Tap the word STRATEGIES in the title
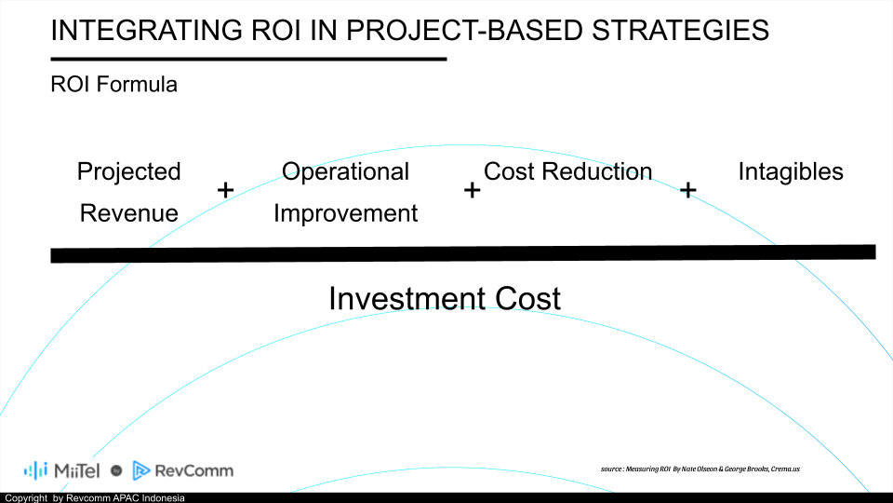tap(680, 30)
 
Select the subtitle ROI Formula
tap(113, 85)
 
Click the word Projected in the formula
tap(128, 172)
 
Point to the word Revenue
tap(128, 213)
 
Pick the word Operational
tap(345, 172)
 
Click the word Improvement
tap(345, 214)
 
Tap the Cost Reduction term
tap(567, 171)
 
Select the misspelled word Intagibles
tap(791, 172)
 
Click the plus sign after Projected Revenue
tap(225, 190)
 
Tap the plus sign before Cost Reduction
tap(473, 190)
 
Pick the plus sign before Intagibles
tap(688, 190)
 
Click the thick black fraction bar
tap(463, 253)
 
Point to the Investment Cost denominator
tap(445, 298)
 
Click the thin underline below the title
tap(248, 59)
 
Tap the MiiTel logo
tap(62, 470)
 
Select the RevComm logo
tap(183, 470)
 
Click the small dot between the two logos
tap(116, 470)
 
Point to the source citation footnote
tap(700, 469)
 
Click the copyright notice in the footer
tap(95, 497)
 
